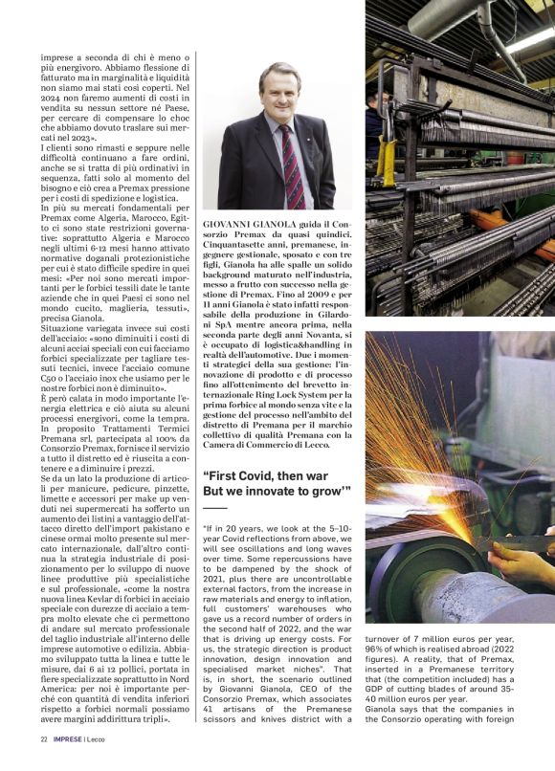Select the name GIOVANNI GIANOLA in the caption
click(x=247, y=223)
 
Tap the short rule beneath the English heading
click(x=216, y=508)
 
